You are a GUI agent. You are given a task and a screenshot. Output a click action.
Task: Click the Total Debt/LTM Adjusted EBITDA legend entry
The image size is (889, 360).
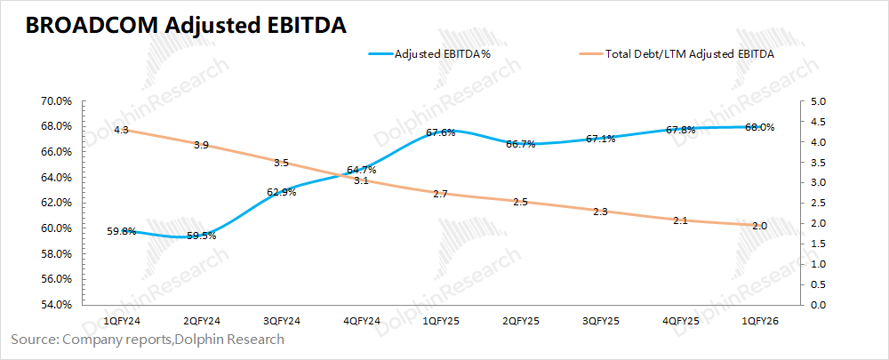[x=689, y=54]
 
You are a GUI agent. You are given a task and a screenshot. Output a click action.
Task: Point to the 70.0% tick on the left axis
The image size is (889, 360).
[x=56, y=101]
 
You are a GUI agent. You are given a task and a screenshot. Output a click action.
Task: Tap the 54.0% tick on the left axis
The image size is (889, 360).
[x=56, y=305]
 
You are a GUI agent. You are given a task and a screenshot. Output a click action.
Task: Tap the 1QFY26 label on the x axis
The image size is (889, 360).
[x=758, y=320]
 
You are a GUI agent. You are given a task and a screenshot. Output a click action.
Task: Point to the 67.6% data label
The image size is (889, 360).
[x=441, y=132]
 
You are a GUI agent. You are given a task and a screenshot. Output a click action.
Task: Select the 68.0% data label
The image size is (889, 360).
[x=759, y=127]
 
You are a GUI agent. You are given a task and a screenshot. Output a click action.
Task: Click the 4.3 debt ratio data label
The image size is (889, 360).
[x=121, y=131]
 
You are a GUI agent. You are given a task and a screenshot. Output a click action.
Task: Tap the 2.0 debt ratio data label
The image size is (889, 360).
[x=759, y=225]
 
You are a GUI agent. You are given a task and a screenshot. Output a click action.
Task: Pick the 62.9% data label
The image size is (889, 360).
[x=281, y=192]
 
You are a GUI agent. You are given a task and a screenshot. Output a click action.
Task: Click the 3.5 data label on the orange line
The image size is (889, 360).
[x=281, y=163]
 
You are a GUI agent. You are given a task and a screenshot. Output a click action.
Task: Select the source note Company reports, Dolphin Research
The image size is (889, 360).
[x=148, y=340]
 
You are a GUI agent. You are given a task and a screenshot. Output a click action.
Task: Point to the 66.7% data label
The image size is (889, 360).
[x=520, y=144]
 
